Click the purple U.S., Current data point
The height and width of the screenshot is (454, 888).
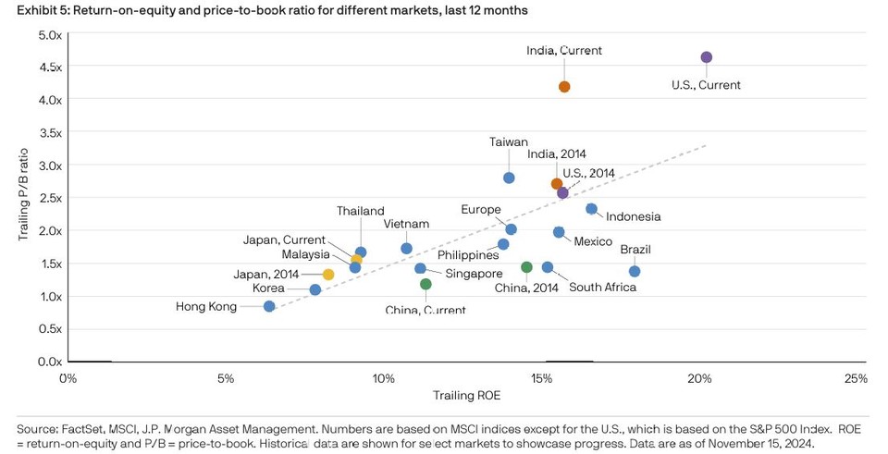(706, 57)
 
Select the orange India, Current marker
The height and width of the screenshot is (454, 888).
(564, 87)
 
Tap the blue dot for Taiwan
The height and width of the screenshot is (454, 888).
(509, 178)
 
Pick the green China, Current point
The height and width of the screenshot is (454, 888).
(425, 284)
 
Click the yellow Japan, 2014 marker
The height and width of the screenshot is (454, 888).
(327, 275)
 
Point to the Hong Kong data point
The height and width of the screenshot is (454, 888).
(269, 306)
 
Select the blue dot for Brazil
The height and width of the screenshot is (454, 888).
(635, 271)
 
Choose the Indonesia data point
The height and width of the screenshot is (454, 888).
(591, 209)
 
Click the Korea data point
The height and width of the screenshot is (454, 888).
(315, 289)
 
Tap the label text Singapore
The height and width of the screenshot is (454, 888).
(474, 274)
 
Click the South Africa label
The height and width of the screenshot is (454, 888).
(602, 287)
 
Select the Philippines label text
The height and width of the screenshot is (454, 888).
(468, 255)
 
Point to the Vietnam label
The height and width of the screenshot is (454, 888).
(406, 224)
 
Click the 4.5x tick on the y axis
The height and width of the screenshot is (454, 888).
(50, 67)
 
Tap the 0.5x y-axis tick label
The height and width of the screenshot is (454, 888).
(50, 329)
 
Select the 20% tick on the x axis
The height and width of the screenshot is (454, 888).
(699, 379)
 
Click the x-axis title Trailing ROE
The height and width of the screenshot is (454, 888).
(466, 395)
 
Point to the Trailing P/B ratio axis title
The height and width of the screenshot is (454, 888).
(23, 194)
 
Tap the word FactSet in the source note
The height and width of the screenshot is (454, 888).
(82, 430)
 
